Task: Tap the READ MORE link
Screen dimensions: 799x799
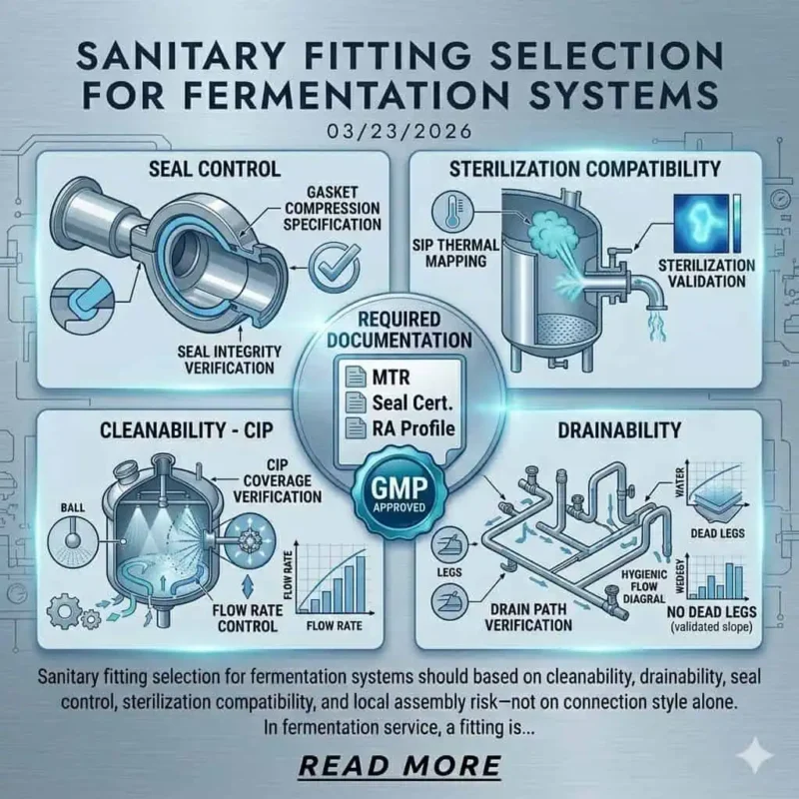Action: click(x=399, y=765)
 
